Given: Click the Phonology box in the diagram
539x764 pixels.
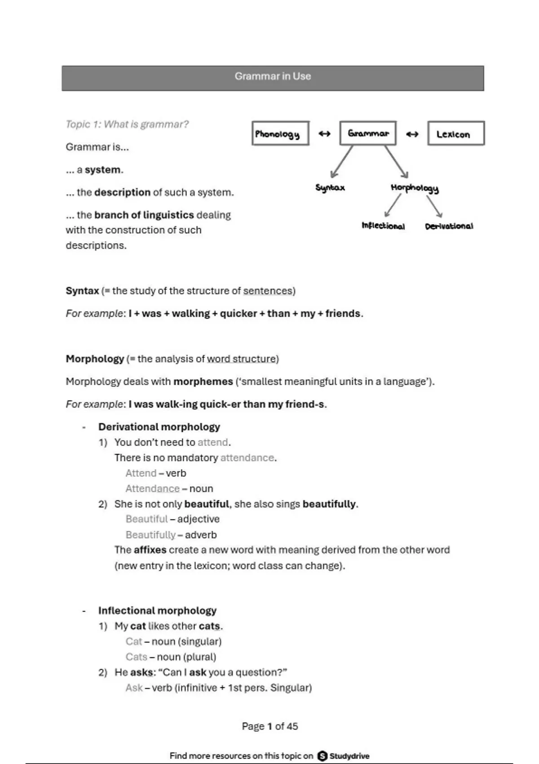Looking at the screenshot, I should [280, 133].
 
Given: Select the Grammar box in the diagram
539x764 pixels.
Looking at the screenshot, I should [368, 133].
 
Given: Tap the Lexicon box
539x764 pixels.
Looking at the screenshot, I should [455, 133].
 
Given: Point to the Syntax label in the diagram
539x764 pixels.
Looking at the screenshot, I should [330, 187].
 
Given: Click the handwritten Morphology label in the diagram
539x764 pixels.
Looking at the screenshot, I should [415, 188].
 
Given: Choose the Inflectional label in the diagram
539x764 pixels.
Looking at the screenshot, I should [383, 226].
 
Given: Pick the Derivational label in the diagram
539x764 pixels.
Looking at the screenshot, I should [449, 226].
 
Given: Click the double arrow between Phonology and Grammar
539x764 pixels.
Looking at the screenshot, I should [324, 133].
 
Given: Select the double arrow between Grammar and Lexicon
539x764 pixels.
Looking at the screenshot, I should [412, 134].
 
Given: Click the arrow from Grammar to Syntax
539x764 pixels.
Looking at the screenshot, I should [341, 162].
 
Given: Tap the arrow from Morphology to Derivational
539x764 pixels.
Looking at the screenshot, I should [435, 207].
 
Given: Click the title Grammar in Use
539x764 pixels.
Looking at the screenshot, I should [273, 76].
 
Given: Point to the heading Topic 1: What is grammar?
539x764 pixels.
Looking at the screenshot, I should [127, 124].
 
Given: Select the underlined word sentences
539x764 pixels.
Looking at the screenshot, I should [268, 291].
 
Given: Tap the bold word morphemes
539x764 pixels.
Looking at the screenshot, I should [203, 382].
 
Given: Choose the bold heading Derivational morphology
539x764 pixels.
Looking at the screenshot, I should [159, 426].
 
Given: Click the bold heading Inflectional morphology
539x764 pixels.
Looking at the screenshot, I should [157, 610].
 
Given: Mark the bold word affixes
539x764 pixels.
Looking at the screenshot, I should [150, 550].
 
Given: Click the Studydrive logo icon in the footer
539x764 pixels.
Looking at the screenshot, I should [322, 756].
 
